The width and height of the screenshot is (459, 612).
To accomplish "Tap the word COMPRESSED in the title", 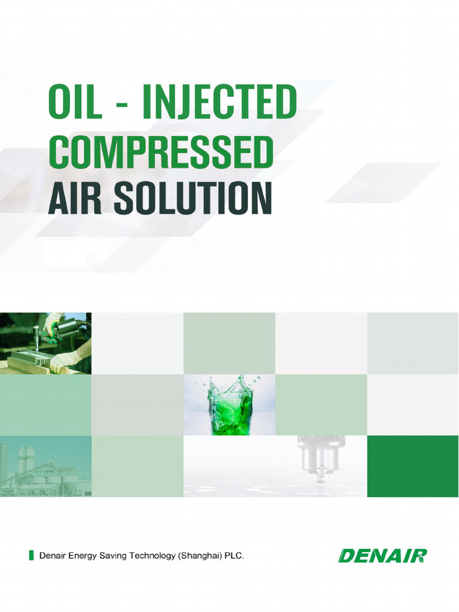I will [x=161, y=153].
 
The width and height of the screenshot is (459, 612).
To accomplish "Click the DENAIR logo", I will [x=382, y=556].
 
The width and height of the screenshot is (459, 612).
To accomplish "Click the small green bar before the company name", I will [x=31, y=556].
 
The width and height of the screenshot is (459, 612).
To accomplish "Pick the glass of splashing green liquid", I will [x=229, y=405].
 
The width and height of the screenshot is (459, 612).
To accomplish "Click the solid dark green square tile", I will [x=412, y=466].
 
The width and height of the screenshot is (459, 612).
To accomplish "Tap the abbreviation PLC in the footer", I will [x=234, y=556].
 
